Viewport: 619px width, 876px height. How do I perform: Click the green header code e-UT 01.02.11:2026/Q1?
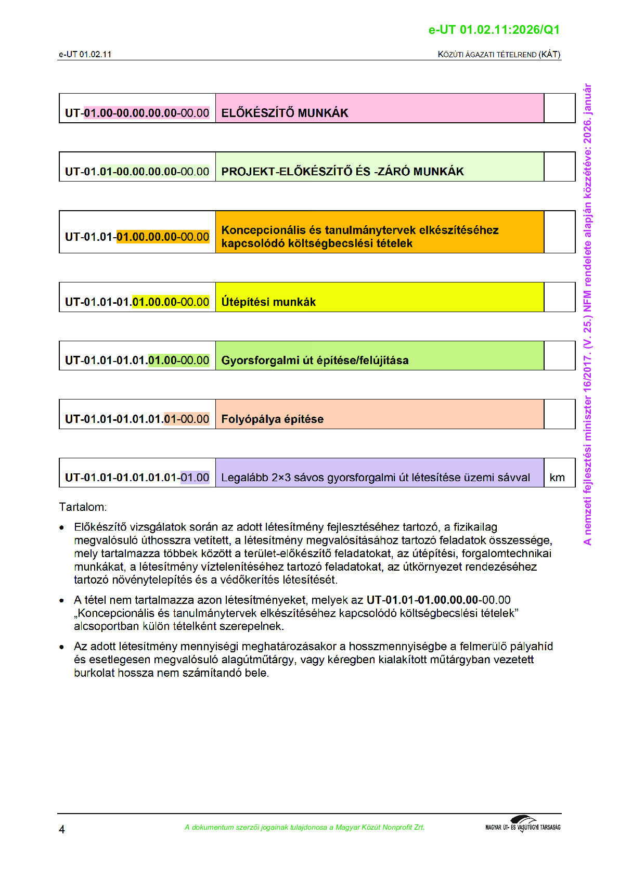(x=494, y=30)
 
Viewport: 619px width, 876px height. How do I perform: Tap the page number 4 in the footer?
(x=62, y=829)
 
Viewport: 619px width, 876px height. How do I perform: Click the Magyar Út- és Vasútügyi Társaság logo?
(x=523, y=825)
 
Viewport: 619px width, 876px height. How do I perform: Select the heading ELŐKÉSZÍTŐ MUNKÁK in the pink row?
(x=285, y=113)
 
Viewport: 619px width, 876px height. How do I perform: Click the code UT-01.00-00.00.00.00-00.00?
(x=137, y=113)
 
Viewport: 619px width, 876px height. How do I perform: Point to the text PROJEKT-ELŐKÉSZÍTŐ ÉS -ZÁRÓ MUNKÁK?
(x=342, y=172)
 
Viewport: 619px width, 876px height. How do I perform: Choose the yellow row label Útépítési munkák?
(x=268, y=302)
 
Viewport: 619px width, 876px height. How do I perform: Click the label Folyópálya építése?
(x=272, y=419)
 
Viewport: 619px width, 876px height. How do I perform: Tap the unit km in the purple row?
(x=557, y=478)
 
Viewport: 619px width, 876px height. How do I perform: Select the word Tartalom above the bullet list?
(x=82, y=507)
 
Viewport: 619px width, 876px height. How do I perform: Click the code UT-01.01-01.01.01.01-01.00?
(x=137, y=478)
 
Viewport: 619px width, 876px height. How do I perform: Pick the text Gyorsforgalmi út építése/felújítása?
(x=315, y=360)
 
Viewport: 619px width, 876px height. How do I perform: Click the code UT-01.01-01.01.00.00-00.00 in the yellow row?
(x=137, y=302)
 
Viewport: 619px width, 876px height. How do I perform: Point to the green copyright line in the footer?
(x=304, y=827)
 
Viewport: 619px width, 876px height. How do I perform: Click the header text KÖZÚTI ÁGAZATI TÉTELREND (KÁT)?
(x=499, y=55)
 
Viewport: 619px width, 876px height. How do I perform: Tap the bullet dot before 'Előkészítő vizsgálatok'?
(x=62, y=528)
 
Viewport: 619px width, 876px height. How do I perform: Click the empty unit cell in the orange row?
(x=559, y=232)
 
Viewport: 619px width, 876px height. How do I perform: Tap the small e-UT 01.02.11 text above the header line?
(x=85, y=55)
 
